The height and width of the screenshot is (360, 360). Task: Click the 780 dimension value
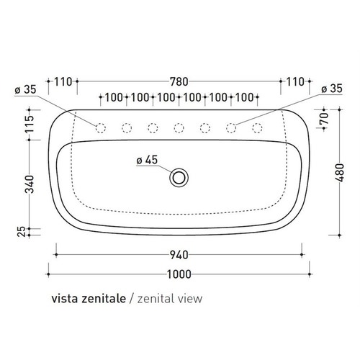[181, 82]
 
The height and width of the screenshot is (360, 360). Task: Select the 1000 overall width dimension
[181, 274]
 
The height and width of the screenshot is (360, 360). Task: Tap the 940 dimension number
[179, 254]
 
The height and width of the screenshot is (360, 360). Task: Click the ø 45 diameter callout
[147, 161]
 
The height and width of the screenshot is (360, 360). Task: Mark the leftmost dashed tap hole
[101, 128]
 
